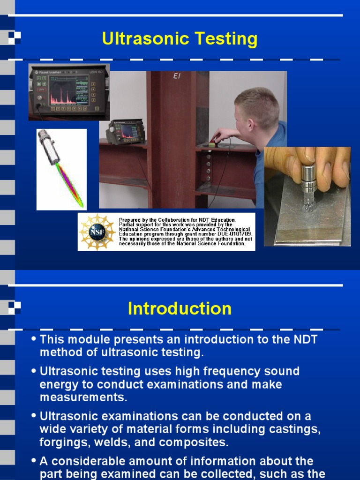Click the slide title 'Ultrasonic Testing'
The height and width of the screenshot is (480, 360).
coord(180,39)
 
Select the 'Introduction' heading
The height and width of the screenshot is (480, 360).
coord(180,309)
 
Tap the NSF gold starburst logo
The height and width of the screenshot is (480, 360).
coord(97,232)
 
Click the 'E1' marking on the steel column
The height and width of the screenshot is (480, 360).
coord(177,76)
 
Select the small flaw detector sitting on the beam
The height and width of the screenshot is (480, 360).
coord(125,132)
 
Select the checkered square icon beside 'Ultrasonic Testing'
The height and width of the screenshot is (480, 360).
coord(14,37)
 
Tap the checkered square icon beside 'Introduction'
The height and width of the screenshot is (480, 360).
coord(14,307)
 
